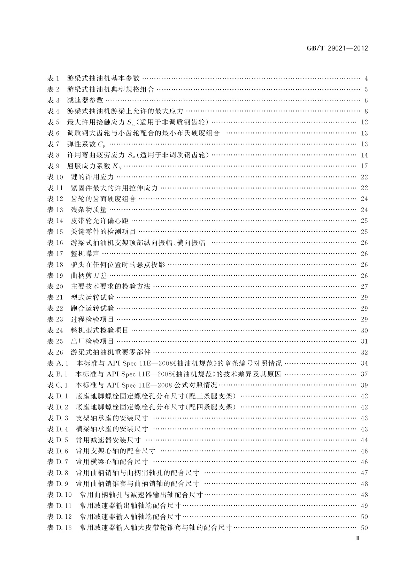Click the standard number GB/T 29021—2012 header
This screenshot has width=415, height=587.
(337, 48)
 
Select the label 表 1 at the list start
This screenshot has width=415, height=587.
(54, 78)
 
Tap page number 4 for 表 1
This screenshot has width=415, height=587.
(366, 78)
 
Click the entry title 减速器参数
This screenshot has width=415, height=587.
(85, 100)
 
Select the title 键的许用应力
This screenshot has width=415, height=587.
(92, 177)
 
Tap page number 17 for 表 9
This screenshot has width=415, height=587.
(364, 166)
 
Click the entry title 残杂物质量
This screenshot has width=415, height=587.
(89, 210)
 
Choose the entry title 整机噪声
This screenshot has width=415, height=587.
(85, 254)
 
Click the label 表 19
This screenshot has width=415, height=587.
(55, 276)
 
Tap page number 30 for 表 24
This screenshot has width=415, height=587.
(364, 330)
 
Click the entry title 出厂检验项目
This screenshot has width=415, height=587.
(92, 341)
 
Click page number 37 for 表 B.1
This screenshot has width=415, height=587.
(364, 374)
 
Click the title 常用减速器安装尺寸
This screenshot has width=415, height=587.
(108, 440)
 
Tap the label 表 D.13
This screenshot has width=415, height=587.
(60, 528)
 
